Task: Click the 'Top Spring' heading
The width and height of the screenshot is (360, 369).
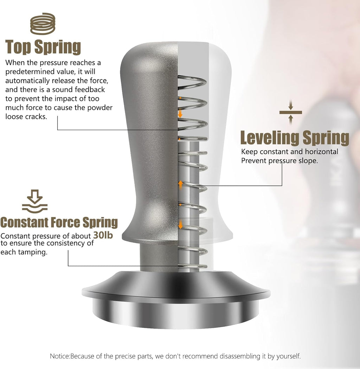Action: point(43,47)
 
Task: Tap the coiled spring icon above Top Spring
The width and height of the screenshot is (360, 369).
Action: point(43,24)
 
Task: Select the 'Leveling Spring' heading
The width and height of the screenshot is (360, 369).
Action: point(295,138)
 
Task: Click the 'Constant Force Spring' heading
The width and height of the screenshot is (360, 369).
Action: point(59,222)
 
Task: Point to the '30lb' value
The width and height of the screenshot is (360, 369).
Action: point(103,235)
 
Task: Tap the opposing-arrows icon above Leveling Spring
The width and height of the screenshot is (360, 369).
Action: point(290,112)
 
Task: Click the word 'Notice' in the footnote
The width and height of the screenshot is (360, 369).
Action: point(60,356)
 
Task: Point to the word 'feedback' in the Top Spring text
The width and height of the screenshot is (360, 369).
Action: point(90,90)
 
